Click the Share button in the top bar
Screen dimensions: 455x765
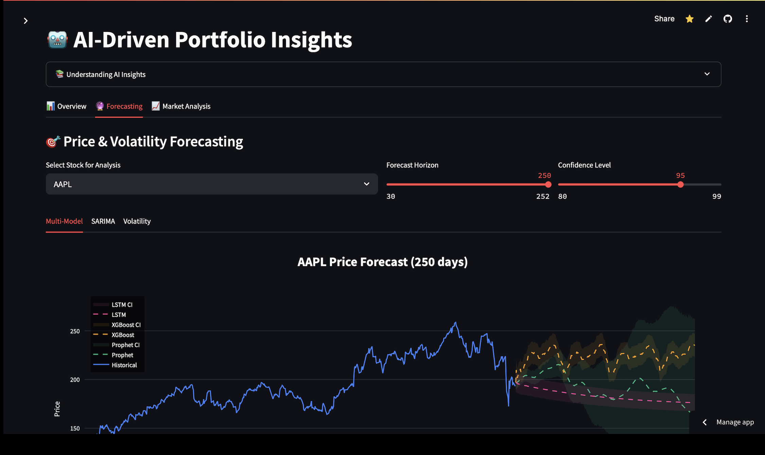(664, 19)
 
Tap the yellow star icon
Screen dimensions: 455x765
(689, 19)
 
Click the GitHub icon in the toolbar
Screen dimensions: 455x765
(727, 19)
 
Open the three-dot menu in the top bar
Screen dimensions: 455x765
(746, 19)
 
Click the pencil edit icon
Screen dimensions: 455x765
(708, 19)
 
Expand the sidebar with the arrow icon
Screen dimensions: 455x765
(25, 21)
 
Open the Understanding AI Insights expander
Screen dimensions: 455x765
(383, 74)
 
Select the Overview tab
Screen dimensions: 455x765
(67, 106)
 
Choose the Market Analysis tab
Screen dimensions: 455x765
(181, 106)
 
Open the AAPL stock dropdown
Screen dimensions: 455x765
(212, 184)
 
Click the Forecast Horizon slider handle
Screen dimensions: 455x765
(548, 185)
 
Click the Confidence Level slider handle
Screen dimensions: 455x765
(680, 185)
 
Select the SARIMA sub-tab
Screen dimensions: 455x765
(103, 221)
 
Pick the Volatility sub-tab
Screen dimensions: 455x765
(137, 221)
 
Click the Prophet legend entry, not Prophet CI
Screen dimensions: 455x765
(122, 355)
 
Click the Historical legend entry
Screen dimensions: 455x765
(124, 365)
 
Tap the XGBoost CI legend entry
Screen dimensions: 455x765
(126, 325)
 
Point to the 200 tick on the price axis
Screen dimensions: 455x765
(75, 380)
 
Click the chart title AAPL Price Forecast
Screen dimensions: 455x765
(382, 262)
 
